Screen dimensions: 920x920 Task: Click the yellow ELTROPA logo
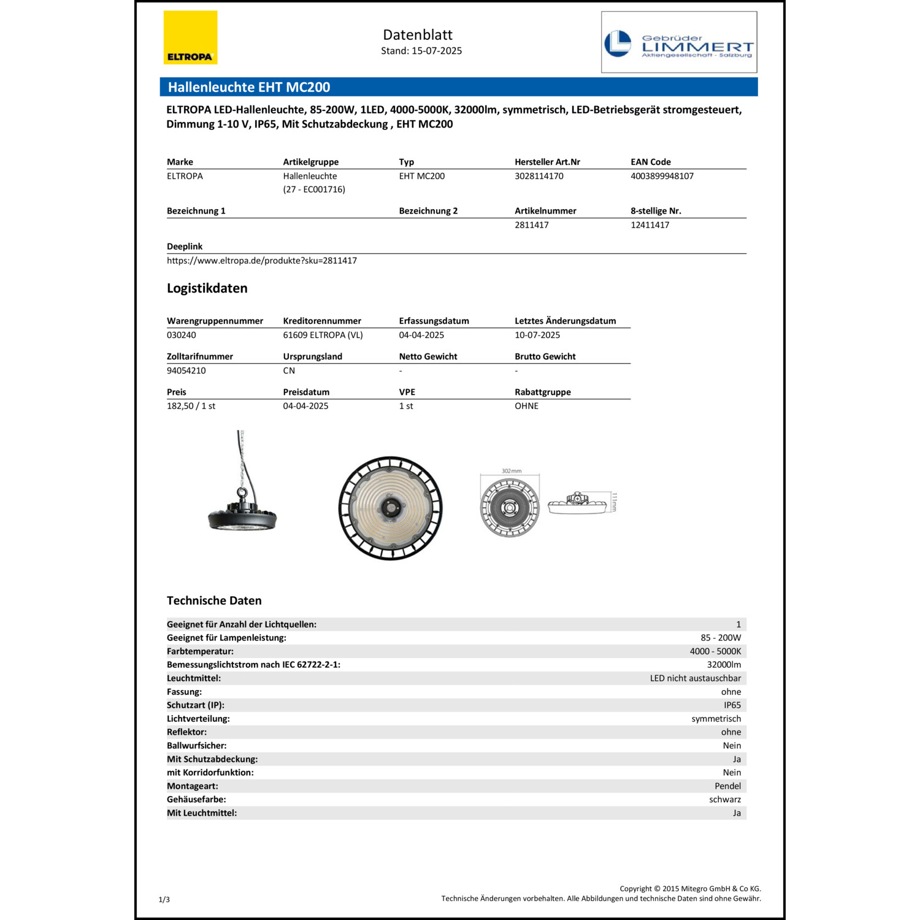(190, 37)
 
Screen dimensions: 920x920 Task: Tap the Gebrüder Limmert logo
(679, 42)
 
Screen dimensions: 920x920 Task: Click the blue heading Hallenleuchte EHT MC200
(249, 87)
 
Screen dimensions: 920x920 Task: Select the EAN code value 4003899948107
(662, 176)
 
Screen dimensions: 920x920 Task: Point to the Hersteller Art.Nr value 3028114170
(539, 176)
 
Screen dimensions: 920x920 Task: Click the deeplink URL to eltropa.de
(262, 261)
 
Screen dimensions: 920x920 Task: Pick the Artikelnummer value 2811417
(531, 225)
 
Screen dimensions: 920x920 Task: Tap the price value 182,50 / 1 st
(191, 406)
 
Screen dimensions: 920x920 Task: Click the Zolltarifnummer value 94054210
(186, 370)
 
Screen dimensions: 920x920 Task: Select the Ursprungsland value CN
(289, 370)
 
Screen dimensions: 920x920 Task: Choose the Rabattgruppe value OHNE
(526, 406)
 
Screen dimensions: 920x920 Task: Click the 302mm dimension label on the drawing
(511, 471)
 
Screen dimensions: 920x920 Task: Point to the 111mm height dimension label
(614, 502)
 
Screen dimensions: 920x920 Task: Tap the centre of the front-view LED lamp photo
(390, 508)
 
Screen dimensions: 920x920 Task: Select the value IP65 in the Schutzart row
(732, 705)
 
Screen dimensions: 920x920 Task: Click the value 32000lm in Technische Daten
(724, 665)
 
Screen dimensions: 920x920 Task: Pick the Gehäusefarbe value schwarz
(725, 800)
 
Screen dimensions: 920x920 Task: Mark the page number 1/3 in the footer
(164, 900)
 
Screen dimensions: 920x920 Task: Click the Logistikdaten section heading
(207, 288)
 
